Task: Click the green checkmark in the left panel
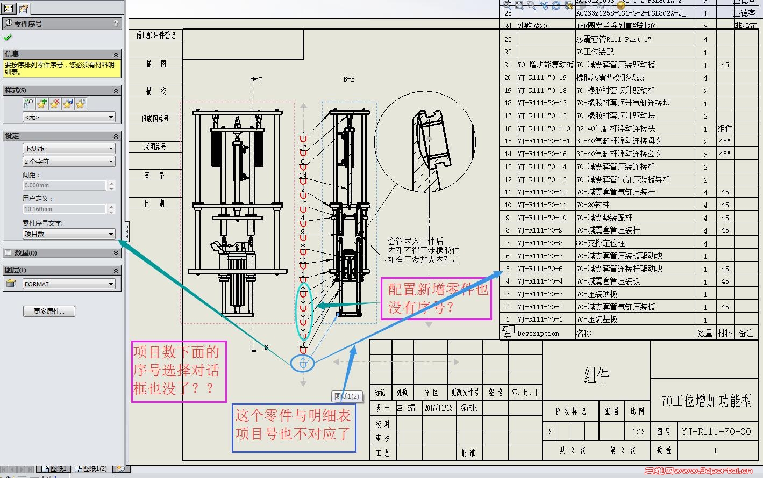point(8,38)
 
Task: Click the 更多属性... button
point(48,312)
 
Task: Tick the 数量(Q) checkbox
point(8,253)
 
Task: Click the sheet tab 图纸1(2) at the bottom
point(95,469)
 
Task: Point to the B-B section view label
point(348,79)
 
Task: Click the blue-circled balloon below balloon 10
point(303,363)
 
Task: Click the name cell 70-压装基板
point(597,320)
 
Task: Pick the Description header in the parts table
point(538,334)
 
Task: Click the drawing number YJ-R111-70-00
point(716,432)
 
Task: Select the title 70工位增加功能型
point(706,401)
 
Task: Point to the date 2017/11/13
point(439,408)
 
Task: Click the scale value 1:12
point(638,432)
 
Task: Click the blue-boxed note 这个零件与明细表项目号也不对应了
point(294,424)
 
